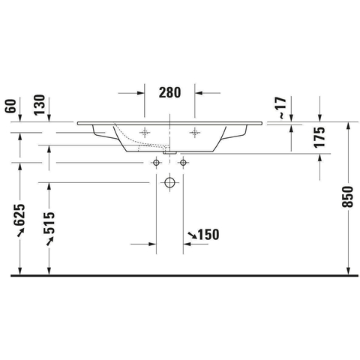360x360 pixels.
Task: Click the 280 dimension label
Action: (169, 92)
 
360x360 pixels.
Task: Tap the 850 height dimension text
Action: (347, 196)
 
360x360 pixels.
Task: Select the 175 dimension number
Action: (319, 137)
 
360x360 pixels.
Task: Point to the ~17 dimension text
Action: (282, 107)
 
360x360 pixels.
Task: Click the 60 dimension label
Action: (10, 106)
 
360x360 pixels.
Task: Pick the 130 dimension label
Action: (40, 105)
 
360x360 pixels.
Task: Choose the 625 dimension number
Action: (19, 214)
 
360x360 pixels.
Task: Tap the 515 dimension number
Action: (49, 223)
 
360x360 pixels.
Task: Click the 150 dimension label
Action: (208, 235)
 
